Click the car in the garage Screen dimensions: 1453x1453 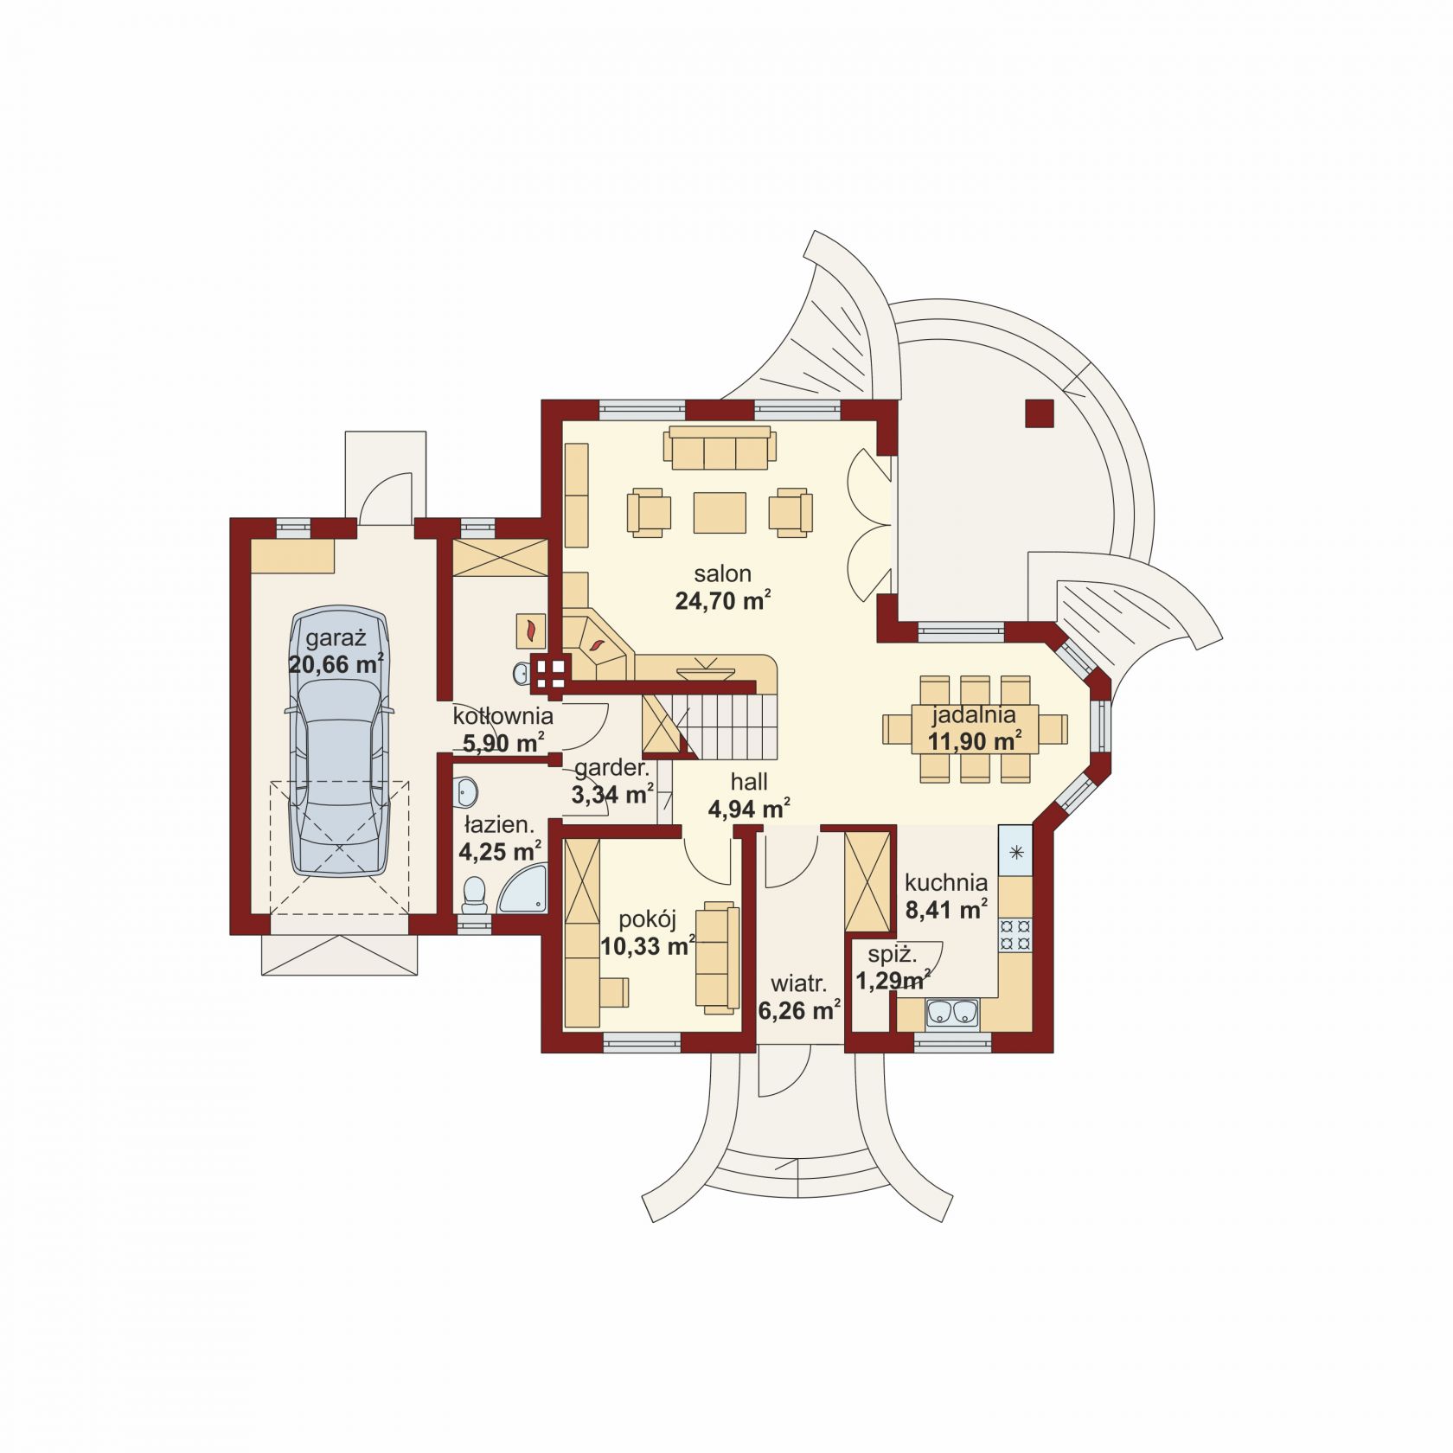[339, 740]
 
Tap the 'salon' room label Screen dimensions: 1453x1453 [722, 573]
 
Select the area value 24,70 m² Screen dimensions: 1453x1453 [723, 600]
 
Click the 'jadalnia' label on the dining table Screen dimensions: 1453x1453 [973, 715]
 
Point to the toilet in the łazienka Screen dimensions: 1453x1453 [475, 895]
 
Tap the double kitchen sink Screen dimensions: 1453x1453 [952, 1013]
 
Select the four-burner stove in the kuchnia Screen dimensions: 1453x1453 [1015, 934]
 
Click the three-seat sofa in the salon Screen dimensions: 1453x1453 [720, 447]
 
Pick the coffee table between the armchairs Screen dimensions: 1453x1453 [720, 513]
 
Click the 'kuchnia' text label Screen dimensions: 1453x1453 [946, 883]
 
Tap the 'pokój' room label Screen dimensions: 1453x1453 [647, 919]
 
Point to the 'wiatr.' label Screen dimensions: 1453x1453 [799, 983]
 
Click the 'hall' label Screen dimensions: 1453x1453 [749, 782]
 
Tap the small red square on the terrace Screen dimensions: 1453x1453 [1039, 413]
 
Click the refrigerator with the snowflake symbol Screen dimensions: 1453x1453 [1015, 851]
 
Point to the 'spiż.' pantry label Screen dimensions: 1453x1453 [893, 955]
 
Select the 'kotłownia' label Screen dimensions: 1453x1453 [502, 716]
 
